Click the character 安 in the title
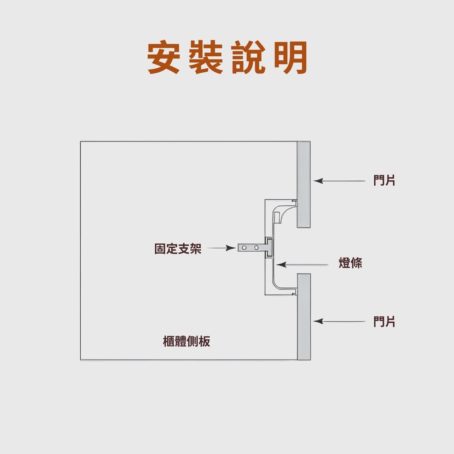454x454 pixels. [x=163, y=58]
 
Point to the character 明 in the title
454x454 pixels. [x=290, y=58]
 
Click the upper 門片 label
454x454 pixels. [x=384, y=181]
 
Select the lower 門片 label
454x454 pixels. [x=384, y=321]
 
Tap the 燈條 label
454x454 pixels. [x=350, y=263]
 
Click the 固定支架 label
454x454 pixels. [x=178, y=249]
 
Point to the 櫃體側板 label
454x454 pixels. [x=187, y=342]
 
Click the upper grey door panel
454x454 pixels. [x=303, y=184]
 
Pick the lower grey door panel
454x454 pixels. [x=304, y=316]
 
